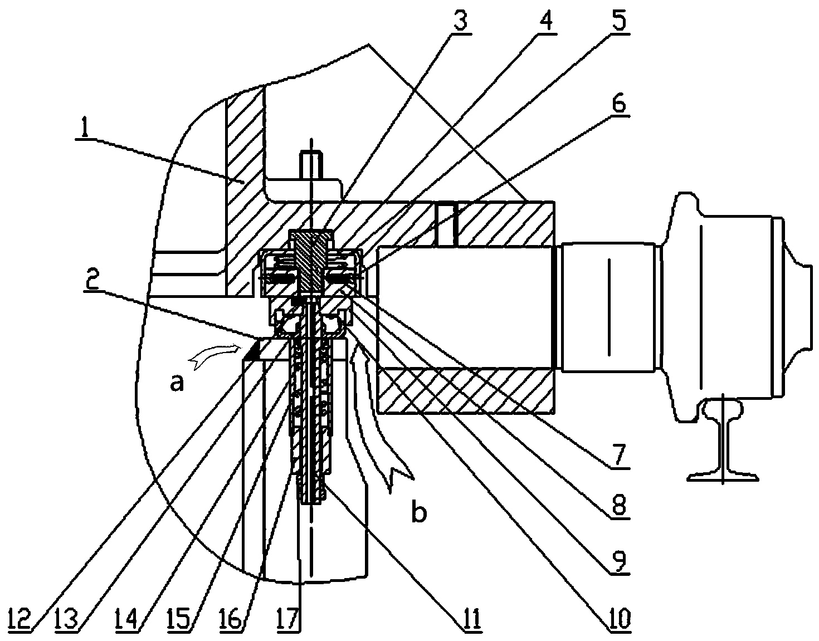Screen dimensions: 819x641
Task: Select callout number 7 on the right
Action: pos(618,456)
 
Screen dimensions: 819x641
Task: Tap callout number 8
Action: pos(618,505)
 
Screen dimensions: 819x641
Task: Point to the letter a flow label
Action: pos(177,383)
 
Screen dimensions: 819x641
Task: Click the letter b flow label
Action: pos(419,512)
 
